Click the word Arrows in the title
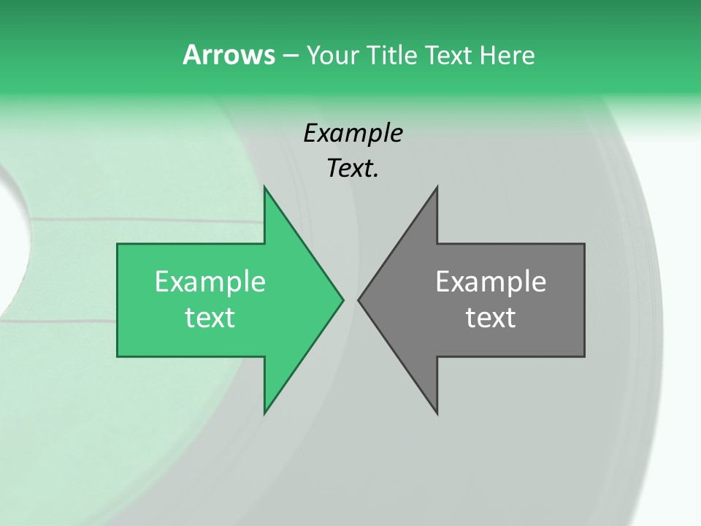[228, 55]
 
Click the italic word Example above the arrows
[353, 133]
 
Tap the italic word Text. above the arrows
[353, 169]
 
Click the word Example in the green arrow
[210, 282]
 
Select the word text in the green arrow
[210, 318]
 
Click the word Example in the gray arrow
[491, 282]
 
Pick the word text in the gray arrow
[491, 318]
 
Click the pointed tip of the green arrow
[342, 300]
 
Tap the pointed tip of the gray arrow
[359, 300]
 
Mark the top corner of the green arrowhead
[265, 187]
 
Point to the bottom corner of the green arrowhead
[265, 413]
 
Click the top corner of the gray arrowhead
[437, 187]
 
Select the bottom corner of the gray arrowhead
[437, 413]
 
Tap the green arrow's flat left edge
[118, 300]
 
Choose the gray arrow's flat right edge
[584, 300]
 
